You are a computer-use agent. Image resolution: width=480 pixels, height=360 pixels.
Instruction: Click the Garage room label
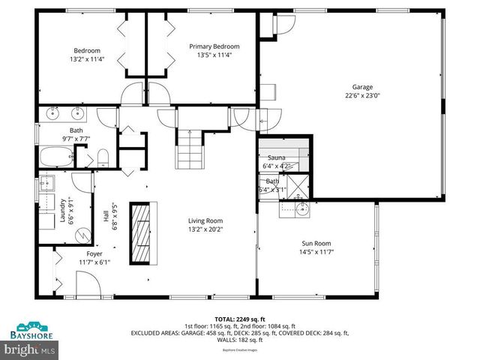(363, 87)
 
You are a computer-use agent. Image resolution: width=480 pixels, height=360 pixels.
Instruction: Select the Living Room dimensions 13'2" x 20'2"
(205, 229)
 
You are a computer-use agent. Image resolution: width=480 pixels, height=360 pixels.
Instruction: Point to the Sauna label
(276, 157)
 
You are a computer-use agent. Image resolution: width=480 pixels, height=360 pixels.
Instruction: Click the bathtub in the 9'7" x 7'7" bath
(55, 158)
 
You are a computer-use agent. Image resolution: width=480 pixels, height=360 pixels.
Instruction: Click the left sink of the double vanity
(53, 114)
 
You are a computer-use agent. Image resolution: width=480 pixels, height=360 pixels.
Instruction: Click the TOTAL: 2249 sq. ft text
(239, 319)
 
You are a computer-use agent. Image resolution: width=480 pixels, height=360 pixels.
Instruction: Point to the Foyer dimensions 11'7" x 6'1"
(94, 262)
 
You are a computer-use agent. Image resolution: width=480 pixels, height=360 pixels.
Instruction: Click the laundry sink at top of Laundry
(49, 183)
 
